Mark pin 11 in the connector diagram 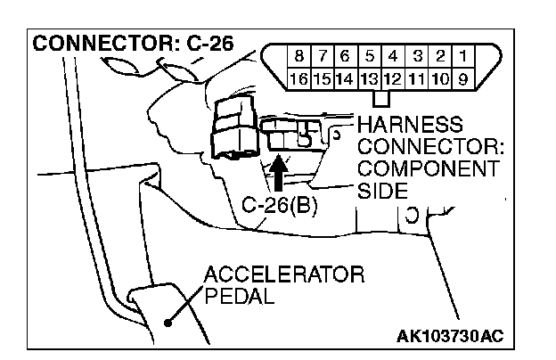click(x=417, y=78)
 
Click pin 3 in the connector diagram click(x=417, y=59)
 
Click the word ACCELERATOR click(x=283, y=274)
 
